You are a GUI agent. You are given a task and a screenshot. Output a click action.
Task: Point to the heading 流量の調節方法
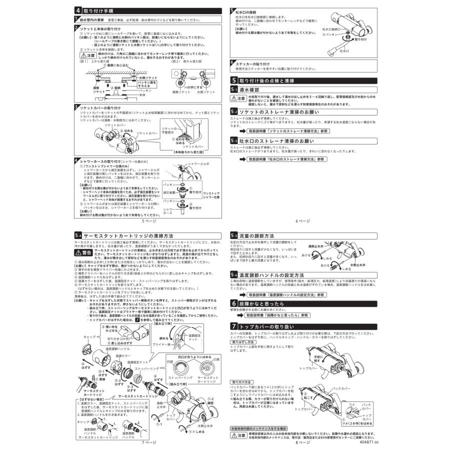click(256, 235)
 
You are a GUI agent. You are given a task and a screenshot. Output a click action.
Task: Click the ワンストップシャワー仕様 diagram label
click(211, 194)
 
